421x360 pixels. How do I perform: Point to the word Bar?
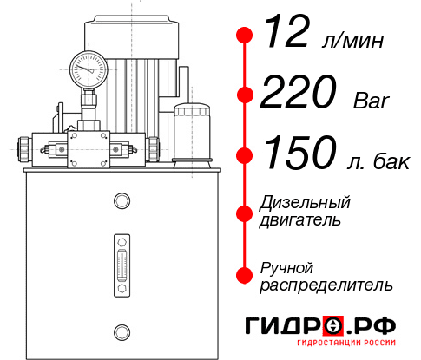372,101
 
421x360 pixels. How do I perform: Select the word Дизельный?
306,203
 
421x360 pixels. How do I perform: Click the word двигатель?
300,220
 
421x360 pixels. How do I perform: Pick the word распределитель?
326,285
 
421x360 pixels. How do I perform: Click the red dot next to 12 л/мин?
245,36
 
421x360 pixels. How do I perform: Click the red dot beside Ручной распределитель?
245,274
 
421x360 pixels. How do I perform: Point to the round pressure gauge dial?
87,66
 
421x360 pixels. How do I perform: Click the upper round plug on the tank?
121,201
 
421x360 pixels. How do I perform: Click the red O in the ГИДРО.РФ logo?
332,325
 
